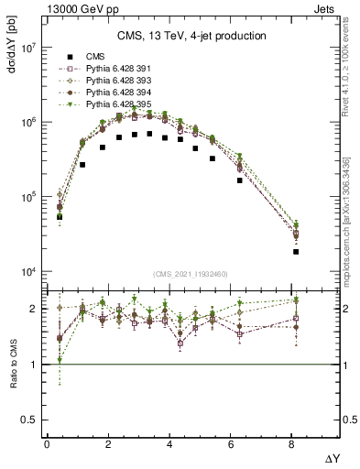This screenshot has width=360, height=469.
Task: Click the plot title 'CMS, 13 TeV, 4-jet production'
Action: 191,36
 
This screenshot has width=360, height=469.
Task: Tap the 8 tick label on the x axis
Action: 294,444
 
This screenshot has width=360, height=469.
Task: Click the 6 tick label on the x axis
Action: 233,444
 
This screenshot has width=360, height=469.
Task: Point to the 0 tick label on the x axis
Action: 47,444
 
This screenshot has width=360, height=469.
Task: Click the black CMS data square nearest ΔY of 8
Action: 296,251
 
